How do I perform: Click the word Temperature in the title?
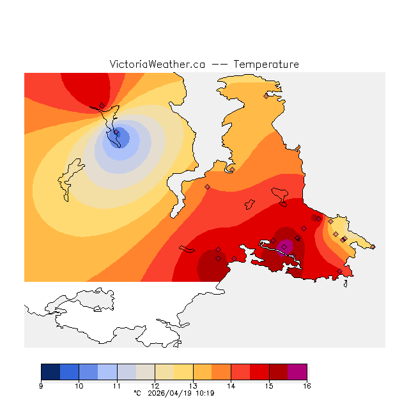(x=266, y=65)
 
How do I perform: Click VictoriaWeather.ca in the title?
(x=157, y=65)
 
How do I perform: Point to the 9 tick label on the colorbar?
(x=41, y=385)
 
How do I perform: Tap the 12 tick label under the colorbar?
(x=155, y=385)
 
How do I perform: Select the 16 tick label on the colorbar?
(x=307, y=385)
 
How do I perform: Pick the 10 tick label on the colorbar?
(x=79, y=385)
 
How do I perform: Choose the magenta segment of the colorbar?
(x=297, y=372)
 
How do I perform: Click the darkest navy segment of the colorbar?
(x=50, y=372)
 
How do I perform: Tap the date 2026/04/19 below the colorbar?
(x=168, y=393)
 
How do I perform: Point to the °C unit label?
(x=137, y=393)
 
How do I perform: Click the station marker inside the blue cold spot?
(x=116, y=133)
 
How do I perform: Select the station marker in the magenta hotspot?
(x=284, y=247)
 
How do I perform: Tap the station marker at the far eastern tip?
(x=373, y=247)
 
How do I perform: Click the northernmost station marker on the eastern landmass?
(x=266, y=96)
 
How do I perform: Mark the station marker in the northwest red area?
(x=102, y=105)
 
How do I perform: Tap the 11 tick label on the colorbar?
(x=117, y=385)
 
